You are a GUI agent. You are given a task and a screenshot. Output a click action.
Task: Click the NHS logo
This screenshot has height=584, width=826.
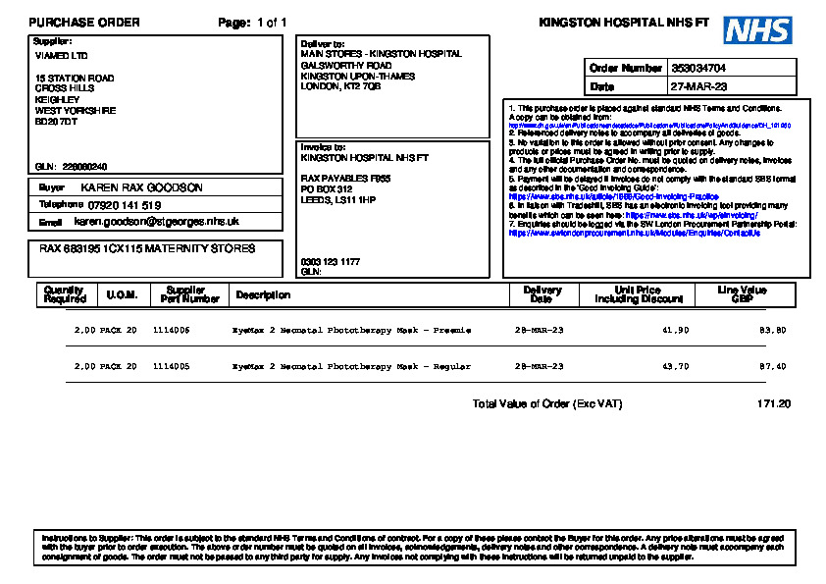757,30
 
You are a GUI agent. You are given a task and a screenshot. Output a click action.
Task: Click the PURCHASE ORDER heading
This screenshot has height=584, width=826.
84,23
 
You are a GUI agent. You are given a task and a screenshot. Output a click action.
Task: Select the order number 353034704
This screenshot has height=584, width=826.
698,69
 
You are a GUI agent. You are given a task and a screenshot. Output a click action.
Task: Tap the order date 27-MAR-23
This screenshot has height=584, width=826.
698,87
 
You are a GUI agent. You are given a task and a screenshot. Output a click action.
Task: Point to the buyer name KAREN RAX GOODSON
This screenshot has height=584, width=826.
141,187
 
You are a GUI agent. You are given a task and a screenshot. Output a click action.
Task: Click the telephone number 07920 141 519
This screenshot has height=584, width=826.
124,205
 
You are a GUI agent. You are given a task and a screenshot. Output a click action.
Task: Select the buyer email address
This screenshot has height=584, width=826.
157,223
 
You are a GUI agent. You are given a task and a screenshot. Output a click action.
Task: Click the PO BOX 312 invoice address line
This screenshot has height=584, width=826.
326,188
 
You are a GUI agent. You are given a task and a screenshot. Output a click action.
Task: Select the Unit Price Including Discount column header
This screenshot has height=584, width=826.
637,294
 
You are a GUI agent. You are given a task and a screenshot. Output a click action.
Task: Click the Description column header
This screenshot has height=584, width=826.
263,294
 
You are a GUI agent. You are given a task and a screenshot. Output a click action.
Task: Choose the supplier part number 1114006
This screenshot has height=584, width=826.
171,331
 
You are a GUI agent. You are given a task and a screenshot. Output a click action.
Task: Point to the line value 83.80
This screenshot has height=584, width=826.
772,331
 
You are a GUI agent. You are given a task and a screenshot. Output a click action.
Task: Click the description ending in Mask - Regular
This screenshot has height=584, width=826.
351,366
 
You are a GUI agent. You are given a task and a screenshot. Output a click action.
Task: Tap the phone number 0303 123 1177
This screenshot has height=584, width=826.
330,262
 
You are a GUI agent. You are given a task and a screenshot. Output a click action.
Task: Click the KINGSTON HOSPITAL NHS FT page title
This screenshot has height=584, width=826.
624,23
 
